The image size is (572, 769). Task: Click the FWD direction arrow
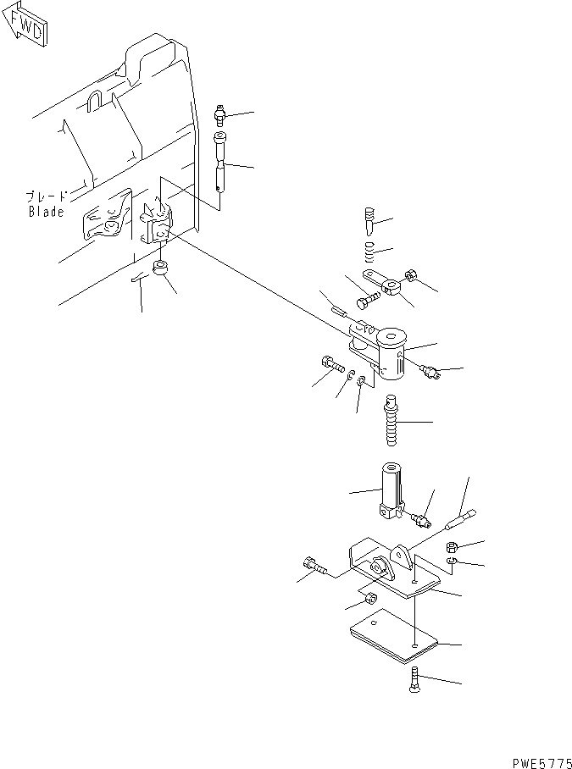[25, 25]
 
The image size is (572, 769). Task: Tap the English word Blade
[46, 212]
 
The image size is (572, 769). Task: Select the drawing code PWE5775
[542, 762]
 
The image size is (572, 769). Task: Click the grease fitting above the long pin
[220, 116]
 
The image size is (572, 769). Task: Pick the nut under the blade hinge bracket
[160, 268]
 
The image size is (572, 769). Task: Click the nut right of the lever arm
[411, 275]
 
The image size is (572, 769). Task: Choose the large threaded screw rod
[392, 420]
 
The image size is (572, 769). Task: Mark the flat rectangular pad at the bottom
[393, 637]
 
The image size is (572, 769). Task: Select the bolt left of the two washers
[331, 365]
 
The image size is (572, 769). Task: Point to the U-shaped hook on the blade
[94, 100]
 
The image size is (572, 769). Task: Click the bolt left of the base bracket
[315, 566]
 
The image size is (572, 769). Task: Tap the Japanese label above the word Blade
[46, 197]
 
